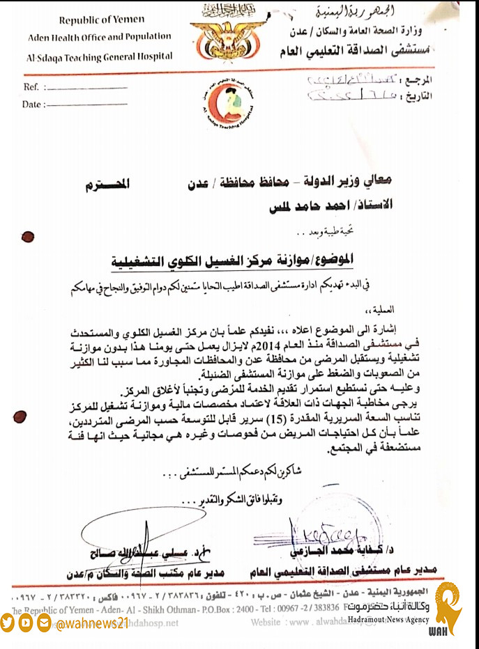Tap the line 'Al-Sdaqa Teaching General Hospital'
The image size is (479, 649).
(x=100, y=56)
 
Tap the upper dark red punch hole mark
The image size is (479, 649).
(x=28, y=235)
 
